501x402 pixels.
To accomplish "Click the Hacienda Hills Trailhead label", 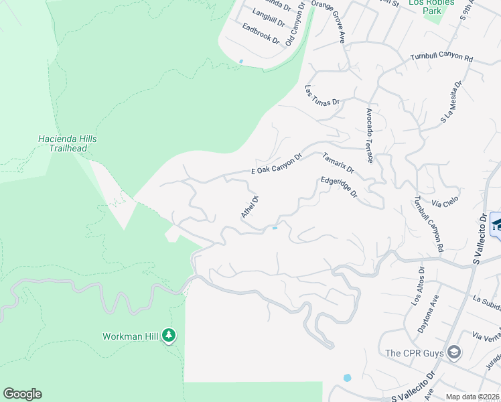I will (68, 143).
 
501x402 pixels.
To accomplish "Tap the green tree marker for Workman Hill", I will (169, 336).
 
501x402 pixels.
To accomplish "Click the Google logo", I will (22, 394).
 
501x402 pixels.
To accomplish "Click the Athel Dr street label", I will (249, 206).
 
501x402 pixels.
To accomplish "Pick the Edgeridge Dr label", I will (339, 187).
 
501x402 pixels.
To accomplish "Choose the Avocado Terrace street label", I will (369, 136).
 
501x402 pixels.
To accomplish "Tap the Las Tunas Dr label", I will (322, 94).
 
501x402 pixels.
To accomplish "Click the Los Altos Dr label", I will (417, 286).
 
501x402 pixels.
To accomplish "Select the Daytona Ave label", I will (433, 308).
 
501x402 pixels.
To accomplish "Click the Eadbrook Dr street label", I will (261, 33).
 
